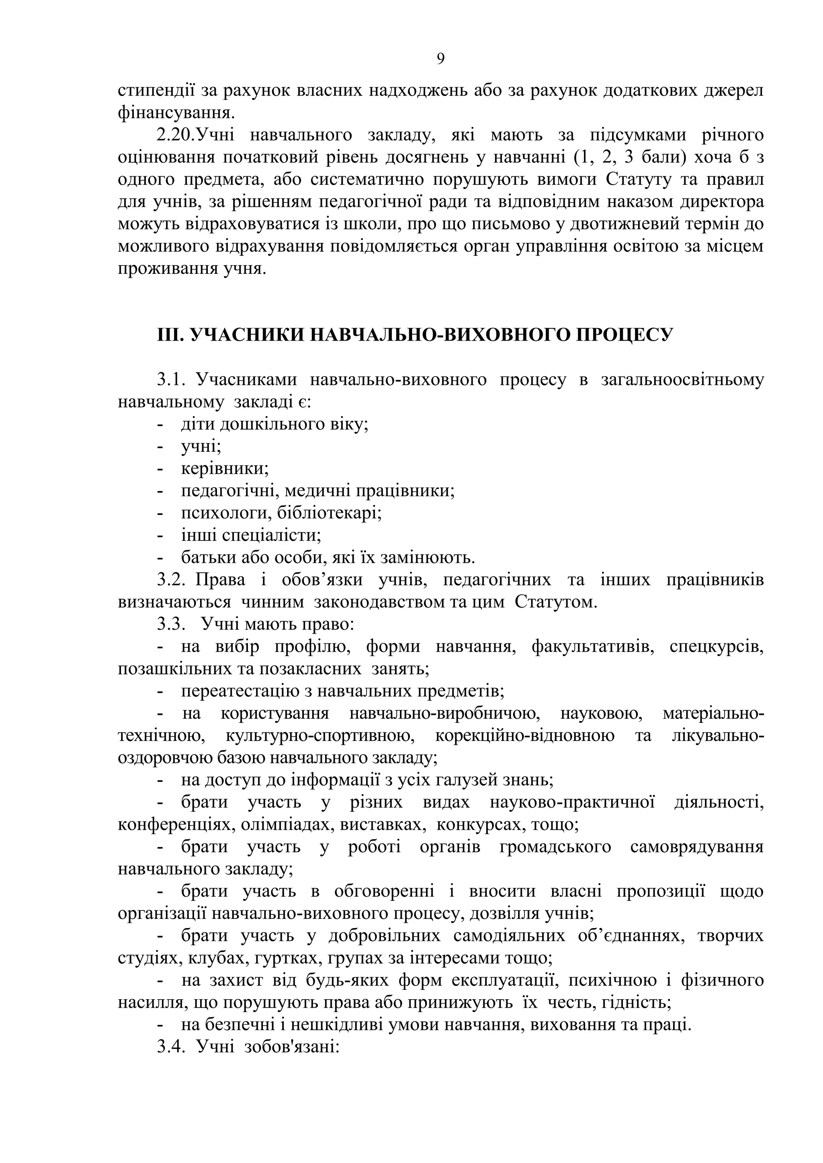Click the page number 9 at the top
click(x=440, y=59)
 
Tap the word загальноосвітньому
click(x=682, y=380)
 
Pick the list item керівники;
click(x=225, y=469)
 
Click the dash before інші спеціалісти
click(x=161, y=535)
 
